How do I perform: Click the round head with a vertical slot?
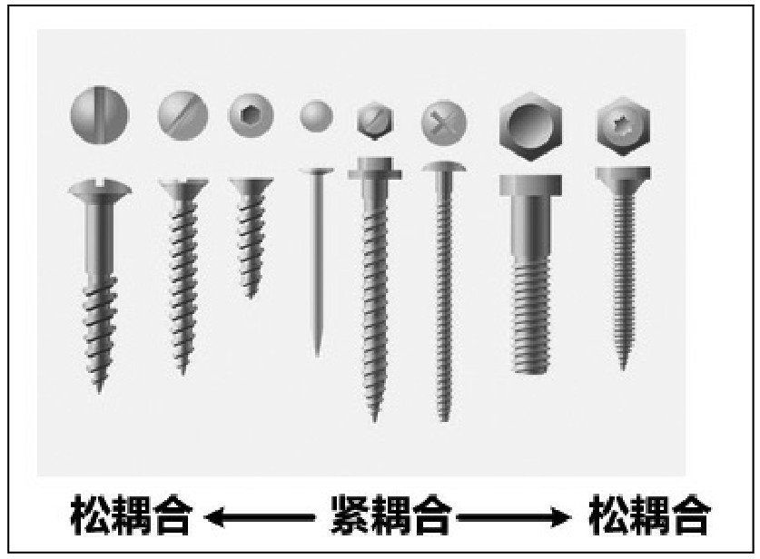[99, 115]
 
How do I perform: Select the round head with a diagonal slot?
[183, 116]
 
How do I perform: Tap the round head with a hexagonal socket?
[251, 115]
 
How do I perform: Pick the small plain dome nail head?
[316, 116]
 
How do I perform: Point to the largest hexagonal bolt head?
[531, 126]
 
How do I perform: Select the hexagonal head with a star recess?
[623, 125]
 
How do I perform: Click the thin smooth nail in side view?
[317, 262]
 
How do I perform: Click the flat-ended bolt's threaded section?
[531, 317]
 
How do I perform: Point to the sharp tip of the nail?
[317, 356]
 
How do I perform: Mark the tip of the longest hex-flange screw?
[374, 420]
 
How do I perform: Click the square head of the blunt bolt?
[531, 185]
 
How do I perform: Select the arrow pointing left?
[260, 517]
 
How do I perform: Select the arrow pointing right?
[514, 517]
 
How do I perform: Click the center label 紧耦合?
[391, 515]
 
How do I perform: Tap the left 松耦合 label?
[131, 515]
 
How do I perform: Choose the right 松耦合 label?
[649, 515]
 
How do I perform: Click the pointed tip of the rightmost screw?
[623, 369]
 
